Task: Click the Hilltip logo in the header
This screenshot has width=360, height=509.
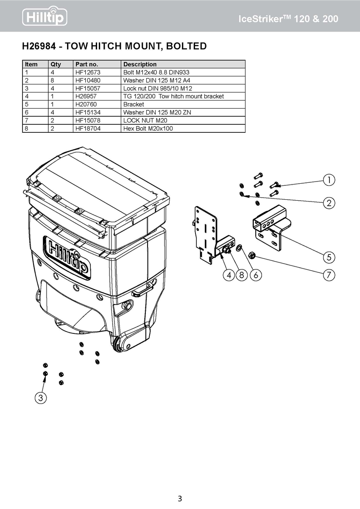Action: click(45, 17)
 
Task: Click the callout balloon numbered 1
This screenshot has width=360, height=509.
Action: click(329, 180)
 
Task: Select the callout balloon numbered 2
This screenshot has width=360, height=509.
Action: click(329, 203)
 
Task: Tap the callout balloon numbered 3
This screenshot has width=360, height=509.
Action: click(40, 397)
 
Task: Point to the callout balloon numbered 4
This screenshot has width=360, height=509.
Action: click(229, 275)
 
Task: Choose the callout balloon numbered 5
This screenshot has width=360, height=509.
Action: click(329, 257)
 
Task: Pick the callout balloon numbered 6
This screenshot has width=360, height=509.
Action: click(256, 275)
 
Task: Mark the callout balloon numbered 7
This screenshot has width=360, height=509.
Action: click(329, 275)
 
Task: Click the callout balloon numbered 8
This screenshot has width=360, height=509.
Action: click(242, 275)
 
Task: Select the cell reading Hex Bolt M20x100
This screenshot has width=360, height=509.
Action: click(148, 129)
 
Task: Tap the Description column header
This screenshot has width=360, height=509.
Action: click(140, 64)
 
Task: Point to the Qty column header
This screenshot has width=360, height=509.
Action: click(56, 64)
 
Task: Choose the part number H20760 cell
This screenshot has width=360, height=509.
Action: click(86, 104)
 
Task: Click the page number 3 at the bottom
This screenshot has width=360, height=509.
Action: click(180, 498)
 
